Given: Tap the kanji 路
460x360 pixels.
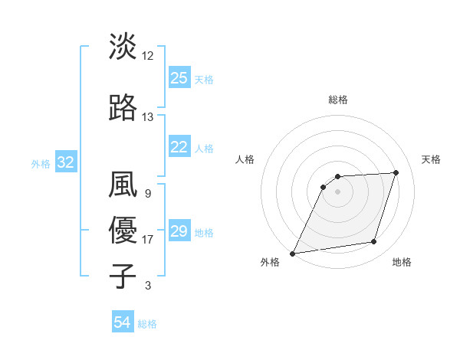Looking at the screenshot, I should click(123, 106).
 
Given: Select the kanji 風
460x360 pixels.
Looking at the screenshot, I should click(123, 185).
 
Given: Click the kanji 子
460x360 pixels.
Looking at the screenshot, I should click(123, 275).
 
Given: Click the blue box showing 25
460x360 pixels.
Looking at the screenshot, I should click(179, 78).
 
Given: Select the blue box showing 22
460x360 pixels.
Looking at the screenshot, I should click(179, 147).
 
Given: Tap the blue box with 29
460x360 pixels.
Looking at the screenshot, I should click(179, 231).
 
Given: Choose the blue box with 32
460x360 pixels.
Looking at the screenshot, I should click(65, 162).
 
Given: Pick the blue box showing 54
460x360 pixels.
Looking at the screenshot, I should click(123, 323).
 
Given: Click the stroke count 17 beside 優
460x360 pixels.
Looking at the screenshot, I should click(148, 240).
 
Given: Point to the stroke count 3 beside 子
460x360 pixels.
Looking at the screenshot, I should click(148, 286).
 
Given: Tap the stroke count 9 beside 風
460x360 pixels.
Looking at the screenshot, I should click(147, 194).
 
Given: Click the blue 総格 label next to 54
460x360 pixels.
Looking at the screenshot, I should click(147, 324).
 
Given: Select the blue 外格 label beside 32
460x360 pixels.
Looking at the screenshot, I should click(41, 163).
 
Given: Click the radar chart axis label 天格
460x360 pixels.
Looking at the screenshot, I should click(432, 159).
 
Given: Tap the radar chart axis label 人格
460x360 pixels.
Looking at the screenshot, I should click(245, 159).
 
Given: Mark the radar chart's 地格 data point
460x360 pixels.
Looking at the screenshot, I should click(374, 242).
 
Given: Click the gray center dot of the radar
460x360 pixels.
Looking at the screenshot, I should click(337, 191).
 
